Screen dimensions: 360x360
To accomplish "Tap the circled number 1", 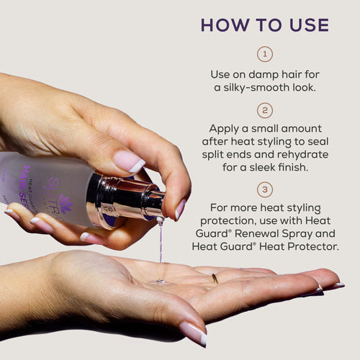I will point(264,55).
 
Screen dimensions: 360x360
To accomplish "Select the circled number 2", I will point(264,112).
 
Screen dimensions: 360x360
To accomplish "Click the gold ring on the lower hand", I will point(215,278).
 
